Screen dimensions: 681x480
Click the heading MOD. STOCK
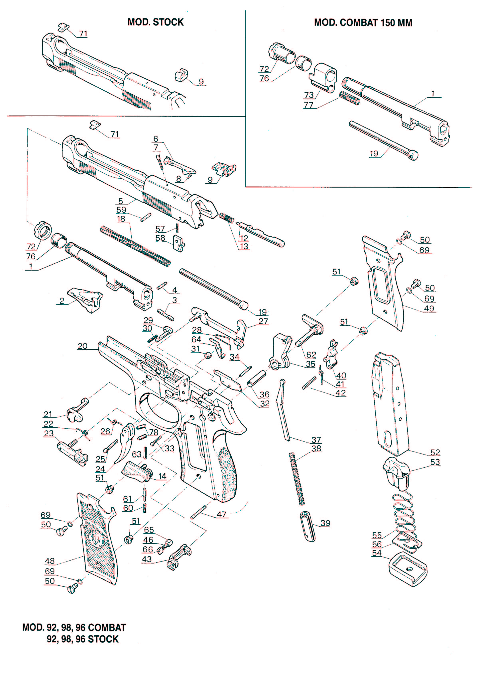(x=156, y=22)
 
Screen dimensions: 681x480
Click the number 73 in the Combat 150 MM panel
(x=309, y=95)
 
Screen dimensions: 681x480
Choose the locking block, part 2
(x=85, y=299)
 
